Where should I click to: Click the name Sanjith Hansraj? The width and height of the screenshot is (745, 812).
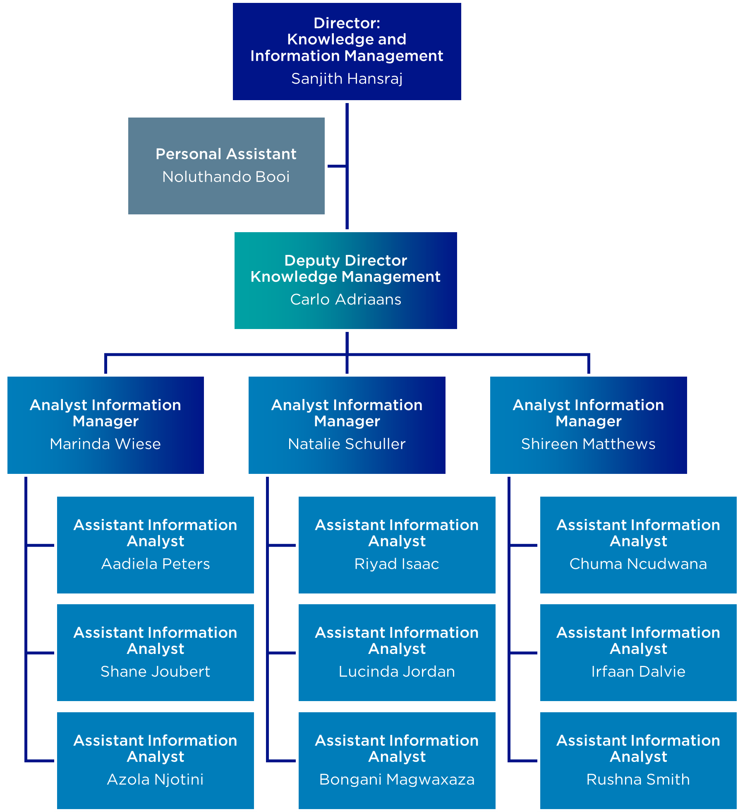(x=347, y=79)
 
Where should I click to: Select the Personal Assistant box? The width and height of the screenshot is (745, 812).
(x=226, y=166)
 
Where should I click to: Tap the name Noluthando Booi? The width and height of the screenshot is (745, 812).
(x=226, y=177)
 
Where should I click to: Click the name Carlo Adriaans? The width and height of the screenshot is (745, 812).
(x=345, y=299)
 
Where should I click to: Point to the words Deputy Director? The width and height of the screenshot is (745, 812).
(x=345, y=260)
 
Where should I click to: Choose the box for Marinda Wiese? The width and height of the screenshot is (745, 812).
(x=105, y=425)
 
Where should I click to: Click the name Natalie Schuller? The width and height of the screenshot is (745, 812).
(x=347, y=444)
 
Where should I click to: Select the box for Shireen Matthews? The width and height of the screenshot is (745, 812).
(x=588, y=425)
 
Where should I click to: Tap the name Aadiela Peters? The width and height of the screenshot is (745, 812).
(x=156, y=564)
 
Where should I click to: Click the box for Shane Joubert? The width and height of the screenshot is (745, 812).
(x=156, y=652)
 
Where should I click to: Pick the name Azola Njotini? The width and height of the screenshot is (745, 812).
(x=155, y=779)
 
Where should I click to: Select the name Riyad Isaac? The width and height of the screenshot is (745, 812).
(x=397, y=564)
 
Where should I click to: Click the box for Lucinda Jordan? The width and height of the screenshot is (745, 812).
(x=397, y=652)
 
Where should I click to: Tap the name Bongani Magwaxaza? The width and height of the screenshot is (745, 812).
(x=397, y=779)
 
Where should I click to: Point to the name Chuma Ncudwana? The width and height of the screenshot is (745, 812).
(x=638, y=564)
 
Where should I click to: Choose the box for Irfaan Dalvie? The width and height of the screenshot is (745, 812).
(x=638, y=652)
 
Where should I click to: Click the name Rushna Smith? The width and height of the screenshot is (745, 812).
(x=638, y=779)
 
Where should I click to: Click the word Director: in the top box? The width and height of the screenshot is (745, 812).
(x=347, y=23)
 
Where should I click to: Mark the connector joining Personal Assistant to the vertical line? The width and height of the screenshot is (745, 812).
(x=336, y=166)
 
